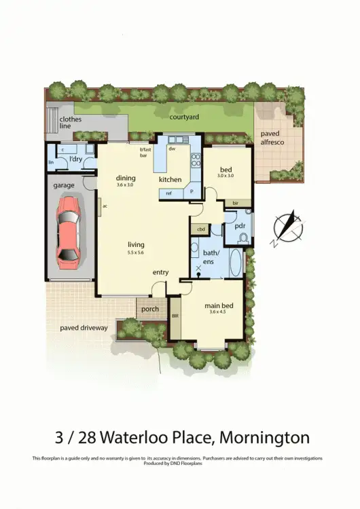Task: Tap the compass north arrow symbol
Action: click(x=287, y=229)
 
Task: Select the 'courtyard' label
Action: click(x=184, y=117)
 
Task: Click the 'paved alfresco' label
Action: click(x=276, y=138)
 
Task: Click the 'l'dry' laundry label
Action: click(x=77, y=159)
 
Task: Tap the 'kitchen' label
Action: click(x=170, y=180)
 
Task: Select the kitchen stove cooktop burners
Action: click(x=196, y=159)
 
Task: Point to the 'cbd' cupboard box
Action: click(x=200, y=229)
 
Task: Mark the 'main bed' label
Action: click(x=218, y=306)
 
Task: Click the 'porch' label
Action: click(x=150, y=309)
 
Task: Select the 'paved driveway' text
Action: click(x=84, y=328)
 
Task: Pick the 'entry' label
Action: click(x=160, y=272)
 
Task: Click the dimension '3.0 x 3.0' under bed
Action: click(x=225, y=175)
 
